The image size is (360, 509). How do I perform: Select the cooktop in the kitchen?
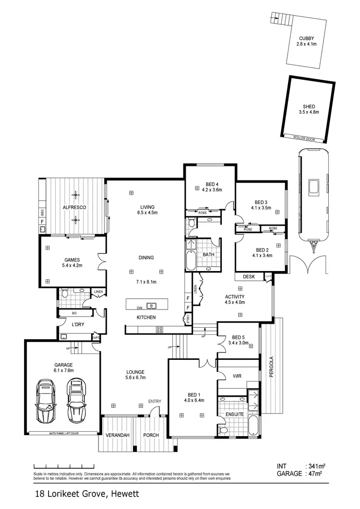pyautogui.click(x=159, y=329)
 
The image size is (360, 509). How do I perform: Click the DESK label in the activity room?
pyautogui.click(x=248, y=277)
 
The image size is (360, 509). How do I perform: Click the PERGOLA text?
pyautogui.click(x=271, y=367)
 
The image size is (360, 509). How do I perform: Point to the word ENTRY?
pyautogui.click(x=155, y=402)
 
